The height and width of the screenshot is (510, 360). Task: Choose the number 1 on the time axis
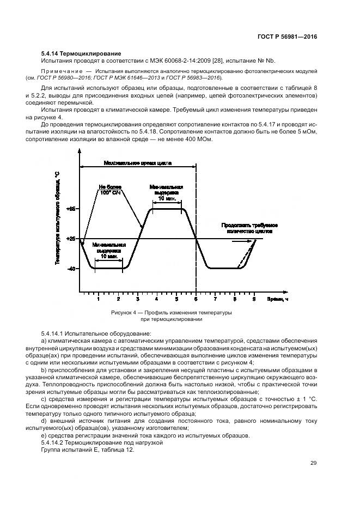pyautogui.click(x=99, y=300)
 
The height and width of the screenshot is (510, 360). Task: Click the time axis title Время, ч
pyautogui.click(x=278, y=299)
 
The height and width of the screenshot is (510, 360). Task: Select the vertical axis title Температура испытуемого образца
pyautogui.click(x=57, y=218)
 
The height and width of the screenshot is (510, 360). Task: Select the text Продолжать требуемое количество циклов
pyautogui.click(x=250, y=228)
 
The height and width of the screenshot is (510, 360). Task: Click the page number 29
pyautogui.click(x=313, y=463)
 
